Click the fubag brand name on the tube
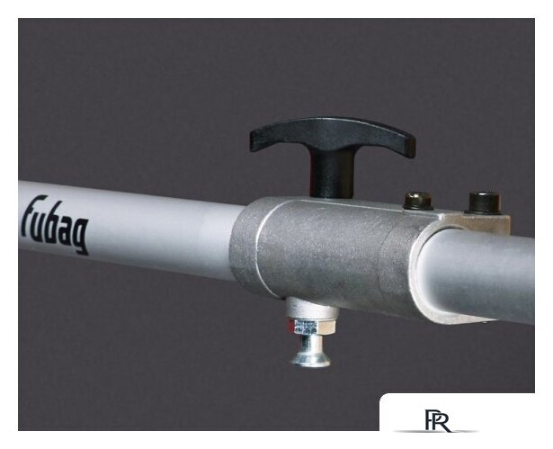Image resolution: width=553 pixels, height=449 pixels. point(55,225)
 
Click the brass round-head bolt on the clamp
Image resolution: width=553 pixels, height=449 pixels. point(418,201)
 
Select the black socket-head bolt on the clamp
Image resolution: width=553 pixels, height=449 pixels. point(485,202)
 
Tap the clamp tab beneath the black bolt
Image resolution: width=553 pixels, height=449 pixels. point(485,222)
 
